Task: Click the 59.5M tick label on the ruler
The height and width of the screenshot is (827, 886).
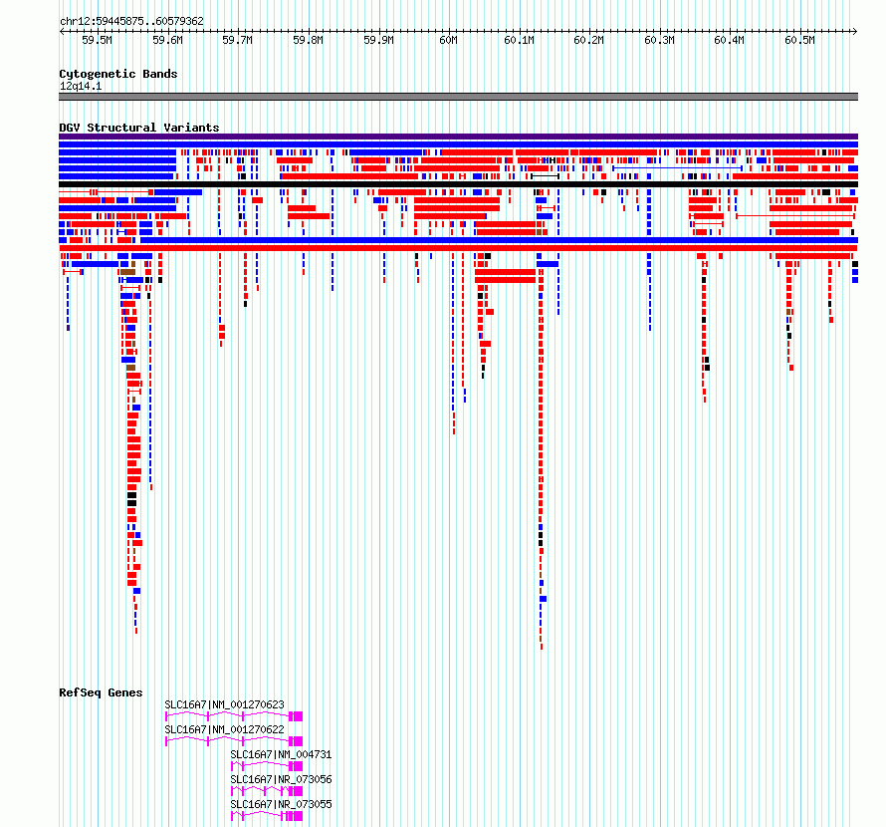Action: [97, 40]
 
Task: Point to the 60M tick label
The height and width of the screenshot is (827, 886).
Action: [448, 40]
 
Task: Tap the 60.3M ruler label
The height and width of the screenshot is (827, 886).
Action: [659, 40]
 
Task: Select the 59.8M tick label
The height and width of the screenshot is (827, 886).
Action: [308, 40]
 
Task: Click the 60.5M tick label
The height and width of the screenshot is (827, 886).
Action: [799, 40]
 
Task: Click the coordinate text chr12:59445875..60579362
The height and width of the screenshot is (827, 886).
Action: [131, 22]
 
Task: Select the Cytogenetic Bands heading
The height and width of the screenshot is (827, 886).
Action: [118, 74]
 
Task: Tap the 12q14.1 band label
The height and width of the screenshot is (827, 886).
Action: [81, 86]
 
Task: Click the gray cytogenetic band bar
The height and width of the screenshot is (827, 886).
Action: [458, 97]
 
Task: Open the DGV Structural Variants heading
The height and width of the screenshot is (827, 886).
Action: [139, 128]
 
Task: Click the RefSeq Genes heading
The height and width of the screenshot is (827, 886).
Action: [101, 692]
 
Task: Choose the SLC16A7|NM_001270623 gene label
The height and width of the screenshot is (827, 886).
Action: [224, 704]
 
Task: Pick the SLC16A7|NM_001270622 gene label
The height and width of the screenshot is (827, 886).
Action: [224, 729]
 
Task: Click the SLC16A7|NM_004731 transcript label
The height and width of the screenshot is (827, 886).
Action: [281, 754]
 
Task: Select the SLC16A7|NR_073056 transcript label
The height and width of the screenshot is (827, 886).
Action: [281, 779]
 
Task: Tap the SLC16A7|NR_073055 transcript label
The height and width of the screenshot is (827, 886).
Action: [281, 804]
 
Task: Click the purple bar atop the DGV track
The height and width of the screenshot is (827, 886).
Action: [458, 137]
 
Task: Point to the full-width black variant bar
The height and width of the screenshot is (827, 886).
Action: [458, 184]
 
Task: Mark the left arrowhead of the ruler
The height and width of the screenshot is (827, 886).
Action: [61, 31]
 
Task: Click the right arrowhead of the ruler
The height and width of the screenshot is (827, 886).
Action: [856, 31]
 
